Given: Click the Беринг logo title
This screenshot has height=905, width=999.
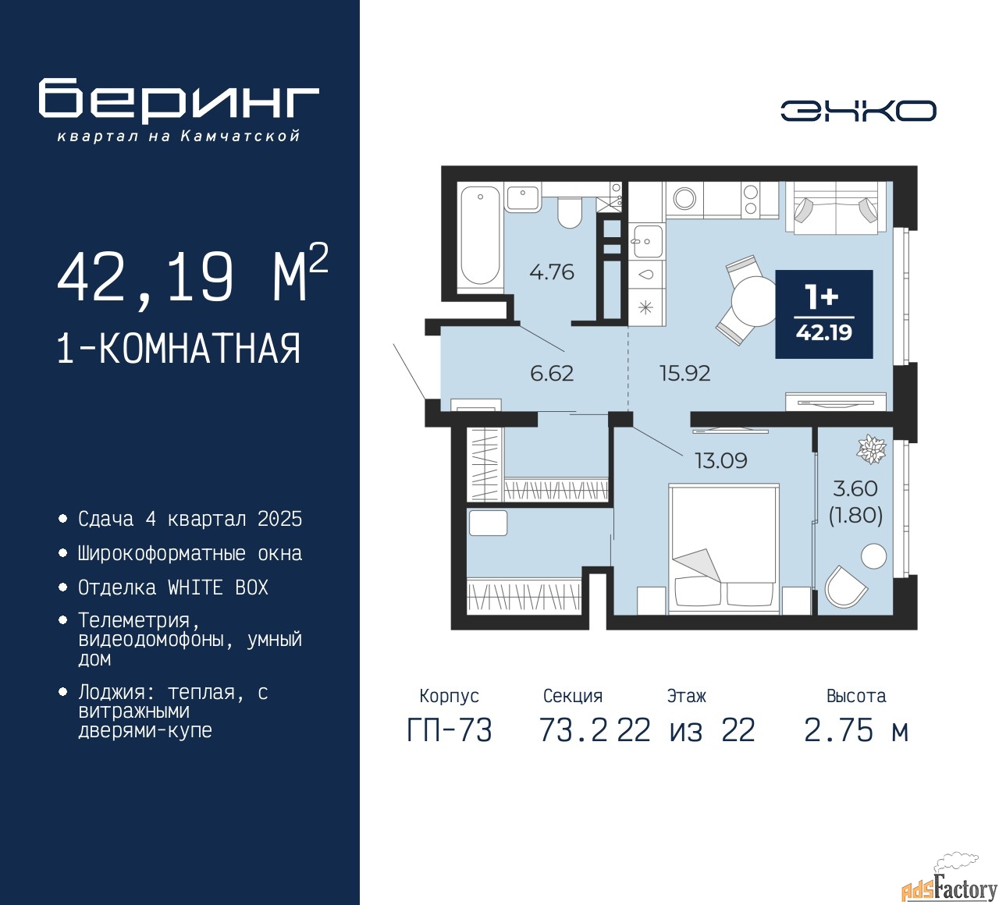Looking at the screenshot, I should tap(179, 100).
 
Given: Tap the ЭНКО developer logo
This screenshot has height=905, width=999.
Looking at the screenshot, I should tap(858, 111).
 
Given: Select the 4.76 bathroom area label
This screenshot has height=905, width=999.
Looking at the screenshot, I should tap(551, 272).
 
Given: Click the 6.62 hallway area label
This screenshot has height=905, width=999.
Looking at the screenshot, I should tap(551, 374).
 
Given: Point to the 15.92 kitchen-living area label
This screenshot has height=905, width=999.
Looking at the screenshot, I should tap(684, 374).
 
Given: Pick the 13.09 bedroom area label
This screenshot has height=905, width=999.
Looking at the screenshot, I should tap(720, 461).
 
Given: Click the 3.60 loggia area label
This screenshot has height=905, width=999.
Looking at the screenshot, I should tap(855, 489).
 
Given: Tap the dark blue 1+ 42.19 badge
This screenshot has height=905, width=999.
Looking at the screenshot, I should tap(823, 314).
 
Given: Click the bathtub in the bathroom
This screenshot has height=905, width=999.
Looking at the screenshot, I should tap(479, 236).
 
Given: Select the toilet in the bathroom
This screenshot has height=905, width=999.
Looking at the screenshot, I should tap(570, 212).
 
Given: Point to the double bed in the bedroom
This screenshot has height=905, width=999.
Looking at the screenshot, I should tap(724, 546).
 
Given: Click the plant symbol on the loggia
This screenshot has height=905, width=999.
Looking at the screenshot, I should tap(870, 449).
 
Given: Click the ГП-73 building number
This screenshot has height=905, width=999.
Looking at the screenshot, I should tap(450, 731).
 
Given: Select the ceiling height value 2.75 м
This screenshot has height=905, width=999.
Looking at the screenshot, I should tap(855, 731).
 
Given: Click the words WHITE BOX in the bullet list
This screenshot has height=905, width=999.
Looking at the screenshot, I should tap(218, 587).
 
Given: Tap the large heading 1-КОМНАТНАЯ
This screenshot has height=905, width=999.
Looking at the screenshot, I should tap(179, 349).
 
